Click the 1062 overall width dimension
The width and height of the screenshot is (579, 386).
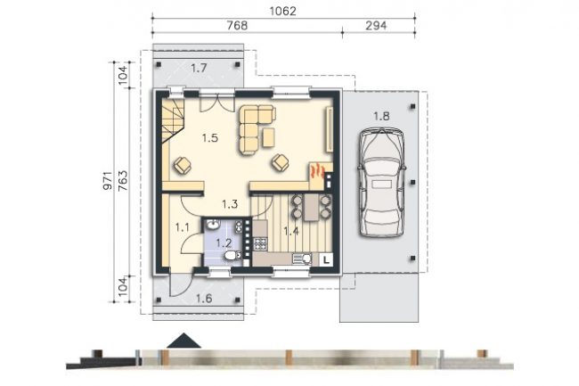283,11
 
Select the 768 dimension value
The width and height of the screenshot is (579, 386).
237,26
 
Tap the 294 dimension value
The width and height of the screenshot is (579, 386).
376,26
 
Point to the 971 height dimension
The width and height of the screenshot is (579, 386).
107,181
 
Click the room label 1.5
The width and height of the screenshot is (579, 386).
210,138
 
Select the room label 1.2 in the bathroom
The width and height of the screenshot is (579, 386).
224,243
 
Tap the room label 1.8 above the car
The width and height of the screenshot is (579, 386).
381,117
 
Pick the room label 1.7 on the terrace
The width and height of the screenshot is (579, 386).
199,68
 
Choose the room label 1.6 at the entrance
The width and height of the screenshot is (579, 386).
204,298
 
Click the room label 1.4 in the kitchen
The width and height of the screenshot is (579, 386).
291,232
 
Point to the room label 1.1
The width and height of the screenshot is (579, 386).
183,227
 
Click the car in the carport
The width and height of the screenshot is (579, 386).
381,182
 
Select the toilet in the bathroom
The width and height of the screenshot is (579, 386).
232,255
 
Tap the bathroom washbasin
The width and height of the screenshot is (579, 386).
212,225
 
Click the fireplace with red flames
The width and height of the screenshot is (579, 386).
317,172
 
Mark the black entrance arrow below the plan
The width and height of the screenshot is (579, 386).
183,341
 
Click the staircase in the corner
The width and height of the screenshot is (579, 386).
173,119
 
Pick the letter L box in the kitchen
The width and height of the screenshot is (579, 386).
326,259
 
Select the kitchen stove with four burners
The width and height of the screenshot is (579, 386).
259,244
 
